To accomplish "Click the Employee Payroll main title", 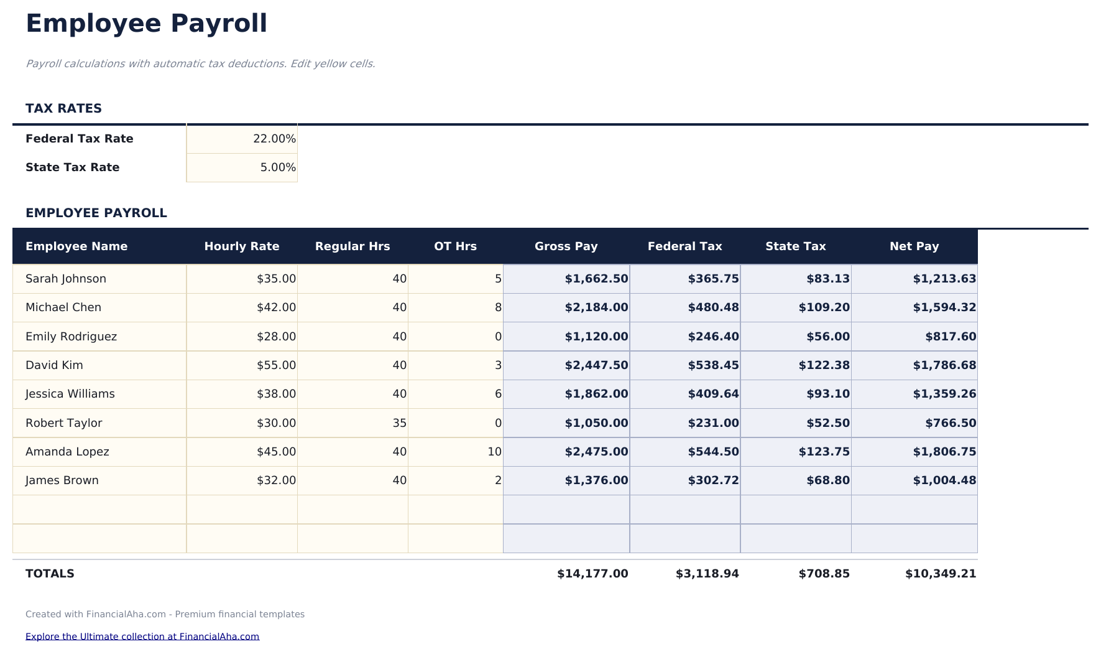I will click(146, 24).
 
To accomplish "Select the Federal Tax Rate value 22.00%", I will click(274, 139).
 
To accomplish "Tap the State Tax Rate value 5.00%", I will click(277, 167).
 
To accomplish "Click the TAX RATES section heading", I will click(63, 108).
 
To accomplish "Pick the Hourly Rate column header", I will click(241, 246).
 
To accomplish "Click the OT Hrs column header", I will click(455, 246).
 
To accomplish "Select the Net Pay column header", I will click(914, 246).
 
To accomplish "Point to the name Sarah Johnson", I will click(66, 279).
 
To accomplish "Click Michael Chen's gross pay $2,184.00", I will click(596, 307).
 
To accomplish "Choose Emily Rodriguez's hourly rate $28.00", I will click(276, 337).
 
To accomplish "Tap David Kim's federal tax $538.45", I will click(713, 365).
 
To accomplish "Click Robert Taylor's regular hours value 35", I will click(399, 423).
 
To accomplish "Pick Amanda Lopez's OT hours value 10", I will click(494, 452).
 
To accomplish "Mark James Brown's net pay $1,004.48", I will click(944, 480).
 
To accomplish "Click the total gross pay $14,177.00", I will click(592, 574).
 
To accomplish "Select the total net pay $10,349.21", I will click(940, 574).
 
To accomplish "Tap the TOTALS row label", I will click(50, 574).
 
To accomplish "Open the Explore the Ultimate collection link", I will click(142, 637).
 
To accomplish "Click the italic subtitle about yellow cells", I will click(200, 64).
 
